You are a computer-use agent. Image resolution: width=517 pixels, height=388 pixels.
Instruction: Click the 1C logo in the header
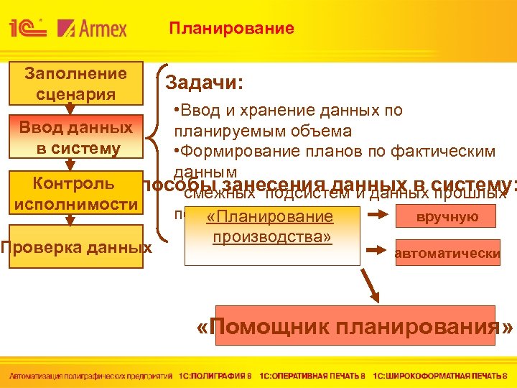point(28,28)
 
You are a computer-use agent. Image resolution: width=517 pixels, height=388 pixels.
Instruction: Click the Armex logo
point(93,28)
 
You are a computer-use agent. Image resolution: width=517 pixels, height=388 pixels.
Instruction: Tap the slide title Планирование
point(231,29)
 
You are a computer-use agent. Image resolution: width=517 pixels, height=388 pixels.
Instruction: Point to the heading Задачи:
point(205,83)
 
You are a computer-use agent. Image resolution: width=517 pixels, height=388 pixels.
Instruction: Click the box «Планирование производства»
point(272,226)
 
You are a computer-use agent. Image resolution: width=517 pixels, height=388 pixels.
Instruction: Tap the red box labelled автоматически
point(447,253)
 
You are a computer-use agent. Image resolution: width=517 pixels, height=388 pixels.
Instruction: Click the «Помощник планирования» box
point(355,327)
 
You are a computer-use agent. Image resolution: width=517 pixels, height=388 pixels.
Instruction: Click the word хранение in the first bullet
point(269,111)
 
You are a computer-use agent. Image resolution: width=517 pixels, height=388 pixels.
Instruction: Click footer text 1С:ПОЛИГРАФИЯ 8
point(216,375)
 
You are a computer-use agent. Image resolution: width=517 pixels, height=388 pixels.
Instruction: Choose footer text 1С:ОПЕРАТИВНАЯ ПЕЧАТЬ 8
point(312,375)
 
